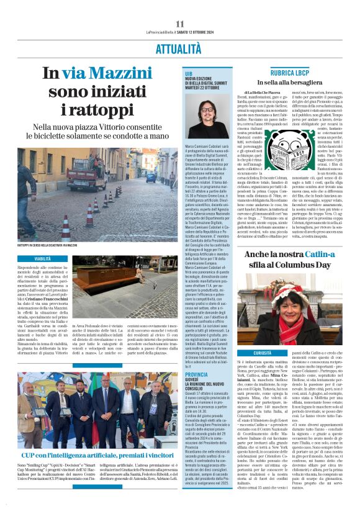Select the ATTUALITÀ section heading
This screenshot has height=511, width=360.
click(179, 48)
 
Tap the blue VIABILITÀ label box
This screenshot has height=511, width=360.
click(43, 258)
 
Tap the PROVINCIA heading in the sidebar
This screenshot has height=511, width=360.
click(197, 374)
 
